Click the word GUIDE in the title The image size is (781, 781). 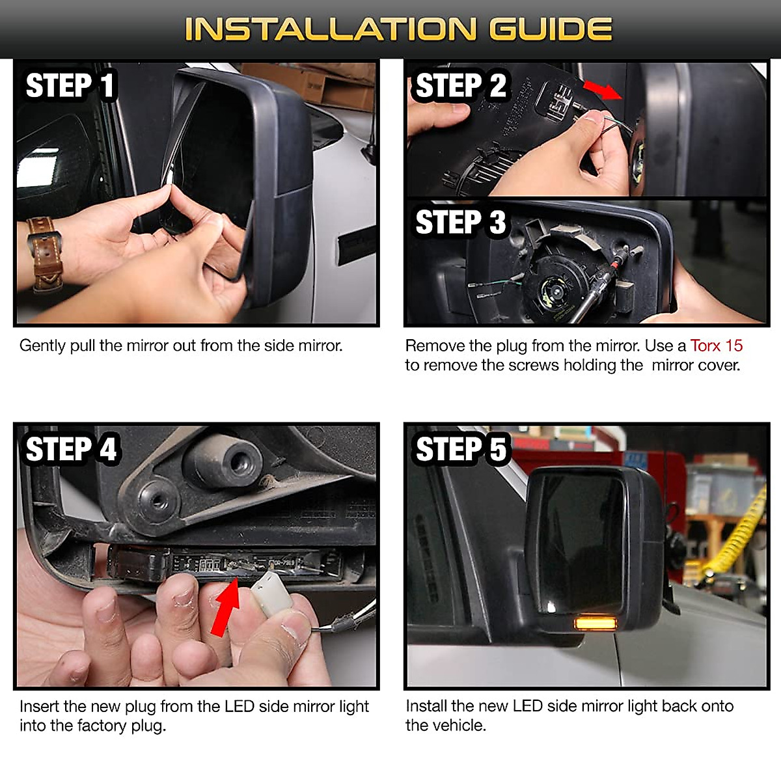click(551, 29)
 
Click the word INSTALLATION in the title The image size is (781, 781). click(331, 29)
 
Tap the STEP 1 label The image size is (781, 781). click(70, 85)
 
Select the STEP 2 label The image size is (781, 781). click(461, 85)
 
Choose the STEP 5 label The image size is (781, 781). click(461, 449)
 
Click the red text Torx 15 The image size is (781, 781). click(716, 346)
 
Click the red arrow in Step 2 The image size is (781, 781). click(602, 90)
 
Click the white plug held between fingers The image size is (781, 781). click(271, 594)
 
